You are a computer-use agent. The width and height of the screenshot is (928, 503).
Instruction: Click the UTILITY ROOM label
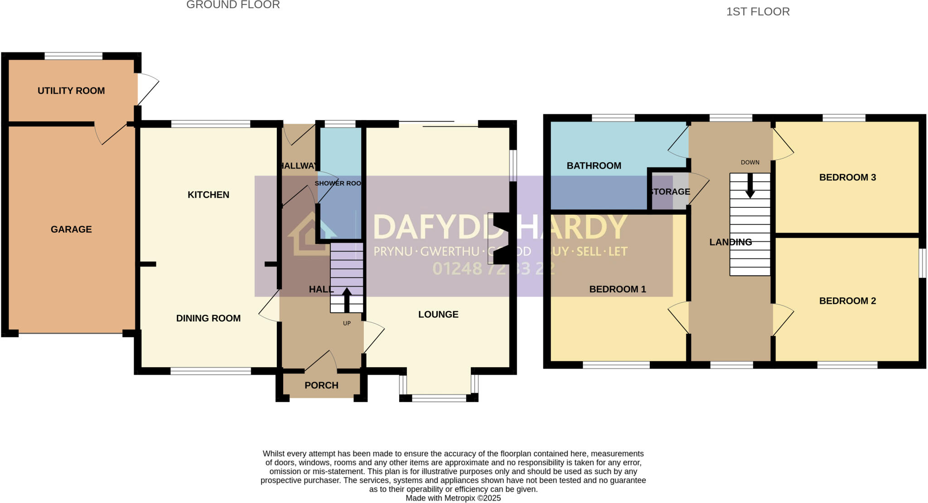tap(71, 91)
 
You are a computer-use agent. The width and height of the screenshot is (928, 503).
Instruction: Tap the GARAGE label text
tap(71, 229)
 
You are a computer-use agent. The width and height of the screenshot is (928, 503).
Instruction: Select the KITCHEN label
tap(208, 195)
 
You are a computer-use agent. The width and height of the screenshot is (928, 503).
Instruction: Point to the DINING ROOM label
tap(208, 318)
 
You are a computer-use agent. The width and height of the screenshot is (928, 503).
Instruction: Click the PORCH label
tap(321, 385)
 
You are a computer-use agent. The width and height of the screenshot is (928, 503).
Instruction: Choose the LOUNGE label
tap(438, 314)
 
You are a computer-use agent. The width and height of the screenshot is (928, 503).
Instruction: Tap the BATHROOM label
tap(594, 166)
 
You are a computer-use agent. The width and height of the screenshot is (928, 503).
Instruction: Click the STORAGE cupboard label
tap(670, 192)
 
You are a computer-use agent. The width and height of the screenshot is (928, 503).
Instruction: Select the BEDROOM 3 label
tap(847, 177)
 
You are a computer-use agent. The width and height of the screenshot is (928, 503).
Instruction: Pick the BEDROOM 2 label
tap(847, 301)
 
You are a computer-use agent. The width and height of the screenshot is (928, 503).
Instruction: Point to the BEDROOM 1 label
tap(617, 289)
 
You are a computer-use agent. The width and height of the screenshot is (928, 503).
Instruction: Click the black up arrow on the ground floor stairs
tap(347, 299)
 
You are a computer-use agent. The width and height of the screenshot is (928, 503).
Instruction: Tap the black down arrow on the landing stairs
tap(750, 186)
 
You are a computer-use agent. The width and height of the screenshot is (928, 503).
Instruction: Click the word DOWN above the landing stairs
tap(750, 163)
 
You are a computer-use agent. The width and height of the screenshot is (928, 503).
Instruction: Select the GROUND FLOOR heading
tap(233, 5)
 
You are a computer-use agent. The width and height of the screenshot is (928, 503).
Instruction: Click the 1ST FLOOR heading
tap(758, 12)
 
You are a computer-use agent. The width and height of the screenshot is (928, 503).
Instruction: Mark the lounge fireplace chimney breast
tap(501, 238)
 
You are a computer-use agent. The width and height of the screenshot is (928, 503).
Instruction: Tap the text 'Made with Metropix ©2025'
tap(453, 498)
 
